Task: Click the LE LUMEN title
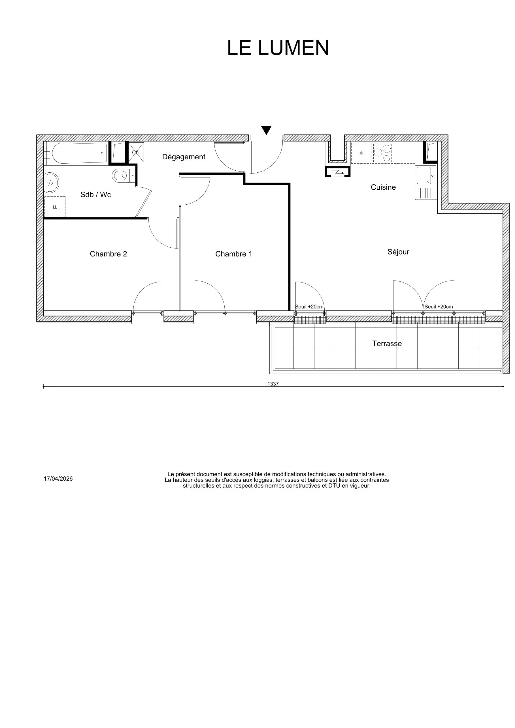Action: pyautogui.click(x=278, y=48)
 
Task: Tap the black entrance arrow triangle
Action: pyautogui.click(x=266, y=130)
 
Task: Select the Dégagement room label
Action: pyautogui.click(x=184, y=157)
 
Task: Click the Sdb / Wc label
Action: pyautogui.click(x=95, y=195)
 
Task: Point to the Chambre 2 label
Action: pyautogui.click(x=108, y=254)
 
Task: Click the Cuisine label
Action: pyautogui.click(x=383, y=187)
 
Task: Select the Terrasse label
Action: pyautogui.click(x=387, y=344)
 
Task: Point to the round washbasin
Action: pyautogui.click(x=51, y=183)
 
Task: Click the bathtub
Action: pyautogui.click(x=79, y=153)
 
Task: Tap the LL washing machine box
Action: pyautogui.click(x=55, y=207)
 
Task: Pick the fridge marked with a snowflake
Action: pyautogui.click(x=361, y=153)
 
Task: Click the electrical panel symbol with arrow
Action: pyautogui.click(x=338, y=172)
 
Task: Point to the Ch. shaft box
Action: pyautogui.click(x=136, y=153)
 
